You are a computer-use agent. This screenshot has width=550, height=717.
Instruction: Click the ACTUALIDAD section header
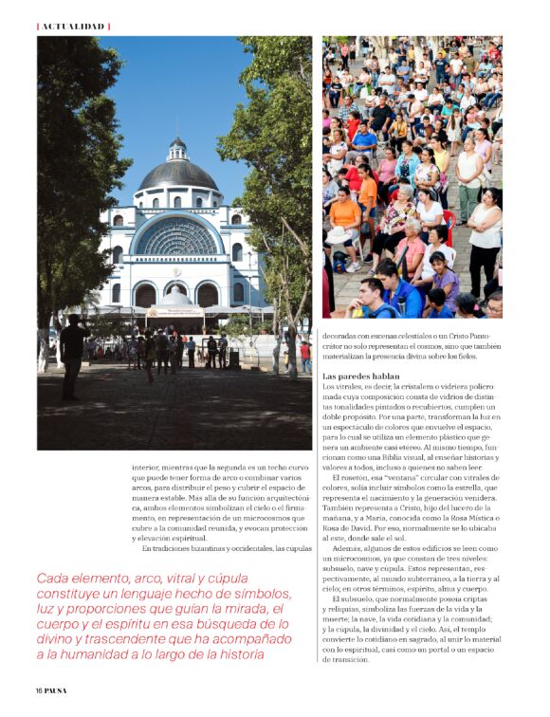pyautogui.click(x=72, y=26)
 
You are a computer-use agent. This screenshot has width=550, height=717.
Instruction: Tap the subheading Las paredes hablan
pyautogui.click(x=362, y=377)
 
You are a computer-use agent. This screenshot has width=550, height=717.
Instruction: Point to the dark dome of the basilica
pyautogui.click(x=177, y=175)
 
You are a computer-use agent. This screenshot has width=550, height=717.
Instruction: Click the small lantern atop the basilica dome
pyautogui.click(x=177, y=148)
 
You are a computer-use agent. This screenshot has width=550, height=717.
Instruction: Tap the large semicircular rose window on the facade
pyautogui.click(x=177, y=237)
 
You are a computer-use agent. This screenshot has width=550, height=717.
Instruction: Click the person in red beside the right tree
pyautogui.click(x=304, y=355)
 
